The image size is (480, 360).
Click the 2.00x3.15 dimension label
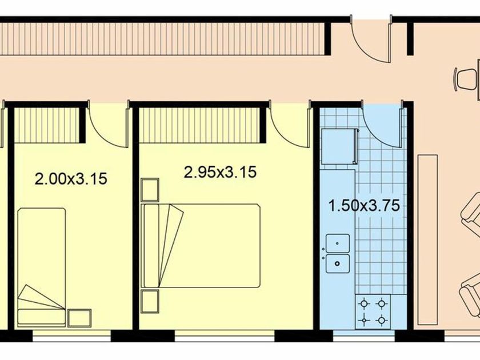(71, 179)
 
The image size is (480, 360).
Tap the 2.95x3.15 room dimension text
(220, 172)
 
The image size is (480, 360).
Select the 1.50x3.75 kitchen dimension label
(364, 205)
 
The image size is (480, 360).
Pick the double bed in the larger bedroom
(201, 246)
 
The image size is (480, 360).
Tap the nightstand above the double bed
(150, 190)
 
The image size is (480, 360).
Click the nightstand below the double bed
(150, 302)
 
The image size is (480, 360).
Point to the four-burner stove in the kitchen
(373, 311)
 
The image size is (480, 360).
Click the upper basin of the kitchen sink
(338, 243)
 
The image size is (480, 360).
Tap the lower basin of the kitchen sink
(338, 263)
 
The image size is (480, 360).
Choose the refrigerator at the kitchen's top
(340, 146)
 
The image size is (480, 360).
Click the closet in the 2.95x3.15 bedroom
(199, 125)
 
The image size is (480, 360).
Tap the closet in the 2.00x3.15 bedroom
(47, 125)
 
